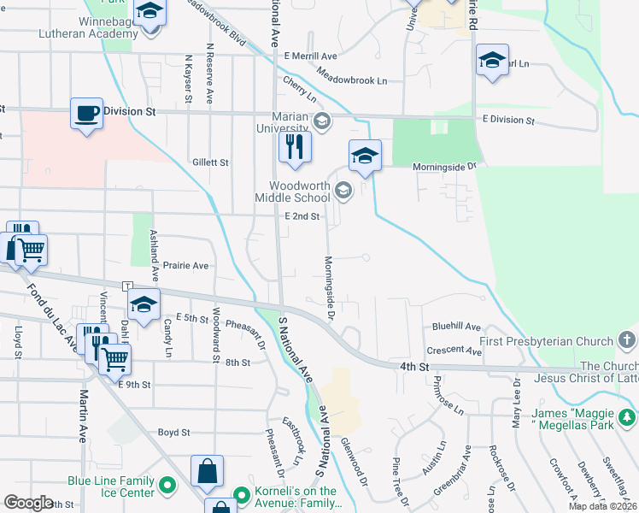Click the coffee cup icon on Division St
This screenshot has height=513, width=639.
[x=86, y=113]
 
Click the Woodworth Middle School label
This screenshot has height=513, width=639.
[x=299, y=192]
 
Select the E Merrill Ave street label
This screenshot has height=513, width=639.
[x=312, y=56]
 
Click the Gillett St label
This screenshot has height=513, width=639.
[x=211, y=162]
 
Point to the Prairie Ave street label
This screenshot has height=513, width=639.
[x=187, y=266]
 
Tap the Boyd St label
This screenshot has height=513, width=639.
[x=173, y=433]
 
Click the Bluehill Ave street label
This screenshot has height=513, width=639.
[x=456, y=327]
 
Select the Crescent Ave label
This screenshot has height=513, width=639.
[x=454, y=351]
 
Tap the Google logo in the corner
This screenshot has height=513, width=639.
[x=28, y=503]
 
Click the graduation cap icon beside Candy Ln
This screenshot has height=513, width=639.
[x=144, y=305]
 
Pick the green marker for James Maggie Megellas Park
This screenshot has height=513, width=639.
[x=628, y=417]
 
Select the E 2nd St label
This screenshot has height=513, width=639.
[x=302, y=216]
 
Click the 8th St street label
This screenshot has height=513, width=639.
[x=237, y=363]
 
